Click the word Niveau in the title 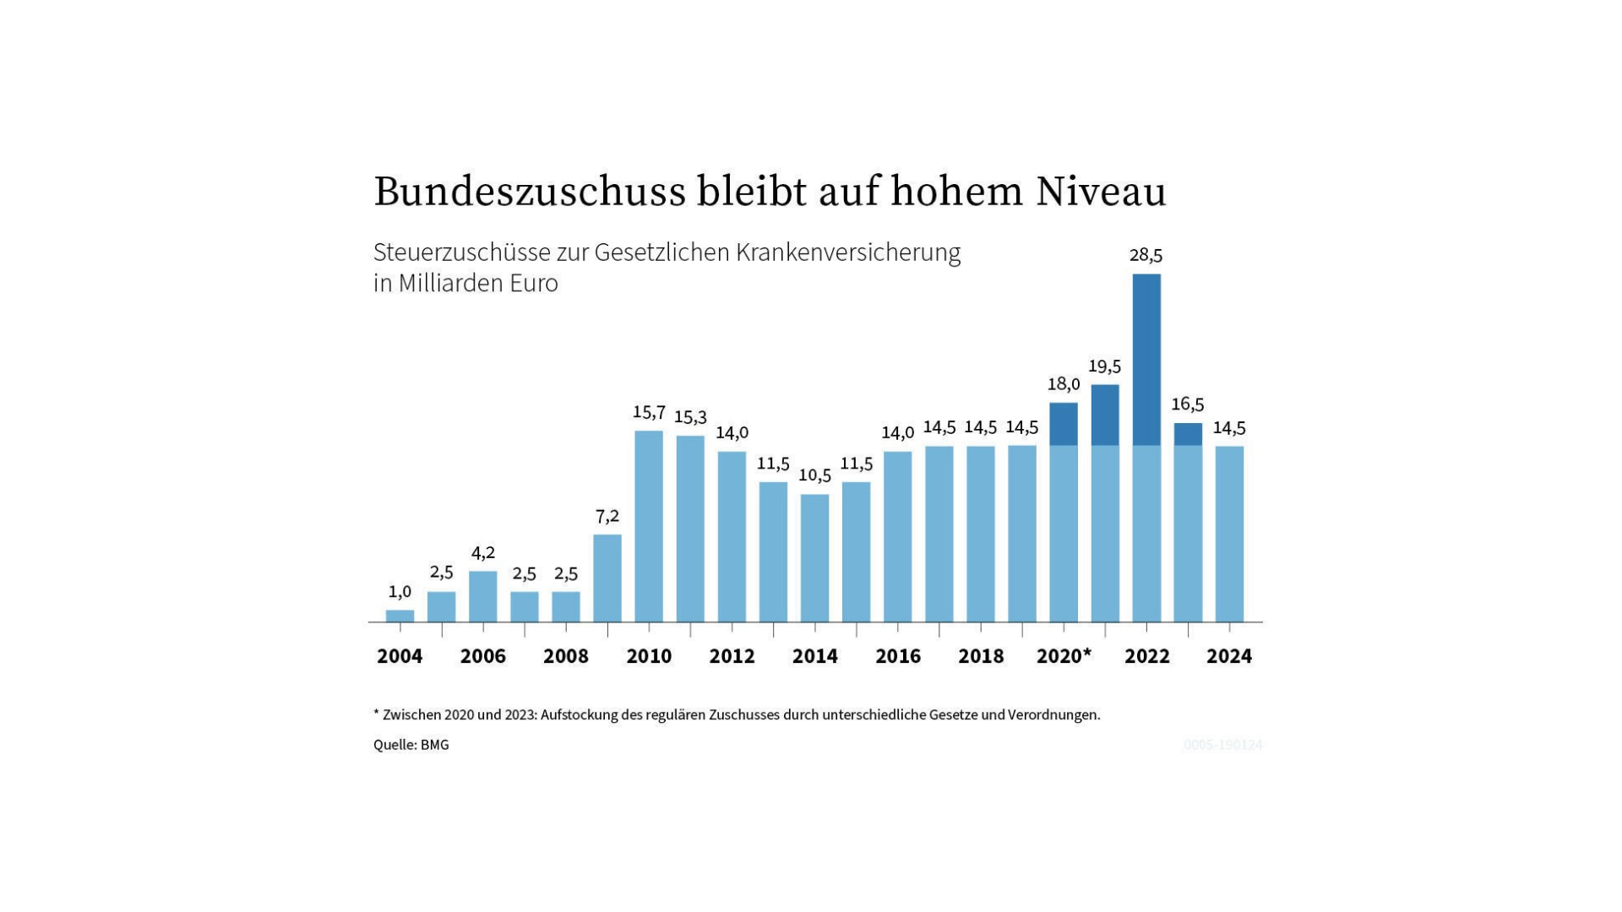click(x=1101, y=193)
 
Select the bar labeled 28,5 click(x=1146, y=448)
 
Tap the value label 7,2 click(x=607, y=516)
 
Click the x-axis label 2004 click(x=400, y=656)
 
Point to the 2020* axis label click(x=1064, y=656)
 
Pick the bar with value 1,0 click(x=400, y=616)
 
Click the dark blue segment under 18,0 click(x=1064, y=424)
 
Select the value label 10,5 click(x=814, y=475)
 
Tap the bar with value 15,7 click(x=649, y=526)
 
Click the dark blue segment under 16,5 click(x=1188, y=434)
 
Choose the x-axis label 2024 click(x=1229, y=656)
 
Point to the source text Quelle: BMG click(x=411, y=745)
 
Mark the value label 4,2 click(x=483, y=553)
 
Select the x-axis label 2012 click(x=732, y=656)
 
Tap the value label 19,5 click(x=1104, y=366)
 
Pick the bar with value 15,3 click(x=690, y=529)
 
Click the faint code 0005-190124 click(x=1222, y=745)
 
